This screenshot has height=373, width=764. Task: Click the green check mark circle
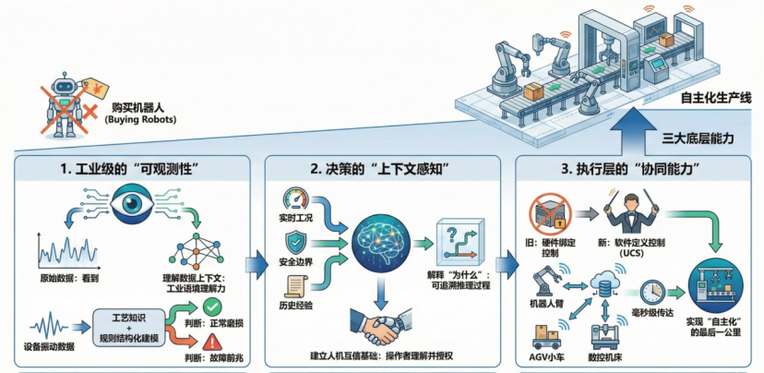213,306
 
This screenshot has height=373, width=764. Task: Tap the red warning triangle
213,343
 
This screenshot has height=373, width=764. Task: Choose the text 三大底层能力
698,138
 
